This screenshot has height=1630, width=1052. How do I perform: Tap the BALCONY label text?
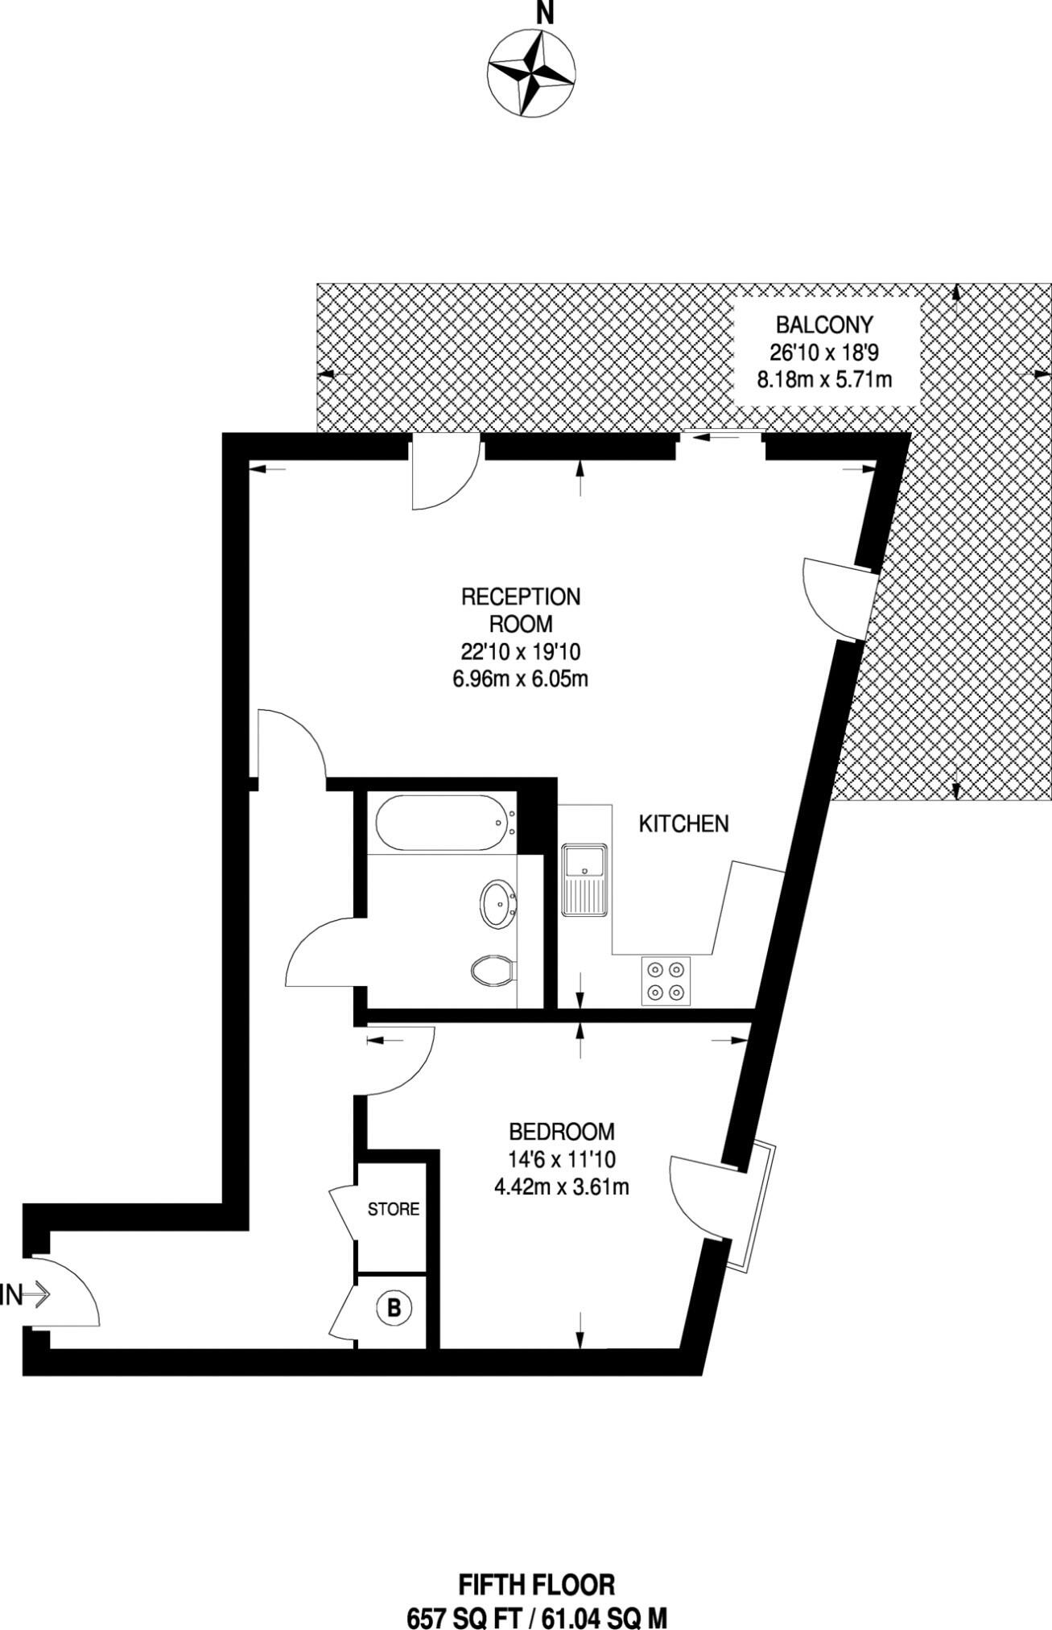click(x=824, y=325)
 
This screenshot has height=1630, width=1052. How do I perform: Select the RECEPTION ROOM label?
click(x=520, y=610)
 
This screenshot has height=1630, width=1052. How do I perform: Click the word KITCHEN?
click(x=683, y=824)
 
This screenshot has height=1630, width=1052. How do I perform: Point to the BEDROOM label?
click(x=562, y=1132)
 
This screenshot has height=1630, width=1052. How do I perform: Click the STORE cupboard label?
click(x=394, y=1209)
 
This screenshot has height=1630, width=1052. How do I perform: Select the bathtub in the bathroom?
click(x=443, y=823)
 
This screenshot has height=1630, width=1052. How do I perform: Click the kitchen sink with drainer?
click(x=586, y=880)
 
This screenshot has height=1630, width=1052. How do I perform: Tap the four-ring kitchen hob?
click(x=666, y=980)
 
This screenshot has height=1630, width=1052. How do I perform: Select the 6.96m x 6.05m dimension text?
click(x=520, y=679)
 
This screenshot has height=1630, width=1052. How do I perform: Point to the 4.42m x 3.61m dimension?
click(x=562, y=1186)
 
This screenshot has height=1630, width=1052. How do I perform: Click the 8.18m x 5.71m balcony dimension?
click(x=824, y=378)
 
